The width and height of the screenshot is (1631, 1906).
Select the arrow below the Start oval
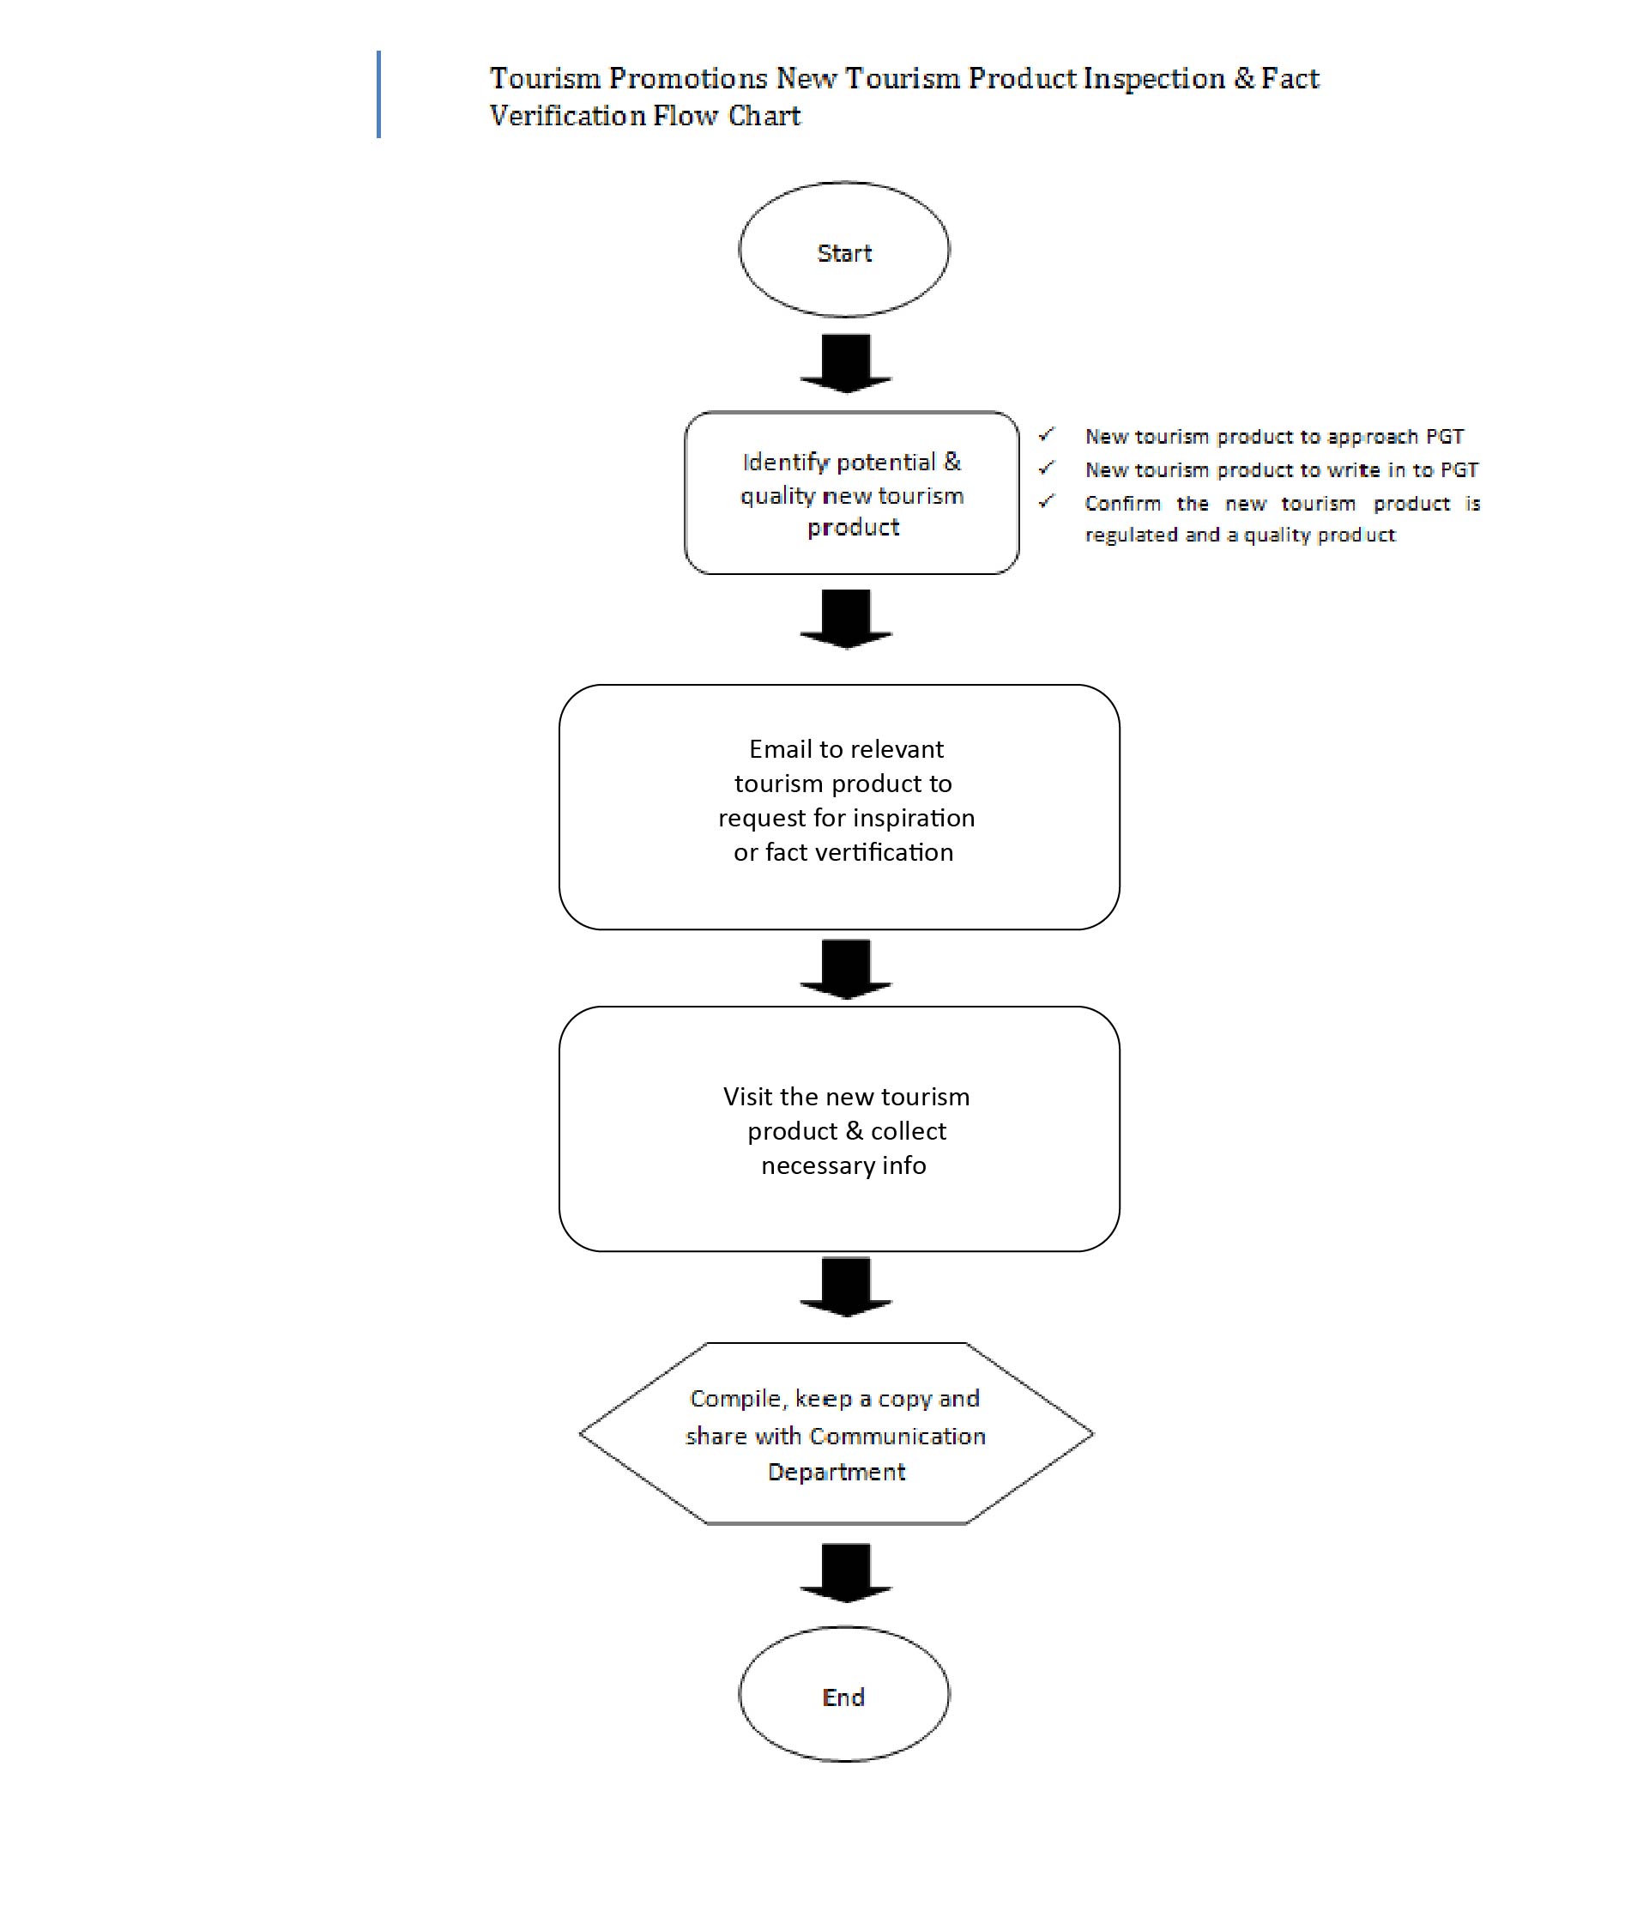[845, 363]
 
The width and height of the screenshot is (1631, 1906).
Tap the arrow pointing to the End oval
[845, 1573]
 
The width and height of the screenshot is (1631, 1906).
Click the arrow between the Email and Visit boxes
[845, 970]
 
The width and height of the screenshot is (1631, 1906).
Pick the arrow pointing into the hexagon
[845, 1288]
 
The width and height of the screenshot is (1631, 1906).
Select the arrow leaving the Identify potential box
[845, 619]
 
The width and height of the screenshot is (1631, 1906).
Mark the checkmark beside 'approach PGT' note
[1046, 434]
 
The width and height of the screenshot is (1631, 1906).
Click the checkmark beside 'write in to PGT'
[1046, 469]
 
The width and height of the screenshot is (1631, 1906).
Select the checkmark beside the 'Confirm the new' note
[1046, 501]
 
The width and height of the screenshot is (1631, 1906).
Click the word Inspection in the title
[1155, 79]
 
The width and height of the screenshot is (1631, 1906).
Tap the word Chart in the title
[764, 116]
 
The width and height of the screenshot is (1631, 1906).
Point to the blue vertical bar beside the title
[378, 94]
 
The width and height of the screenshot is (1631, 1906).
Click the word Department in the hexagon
[837, 1473]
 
